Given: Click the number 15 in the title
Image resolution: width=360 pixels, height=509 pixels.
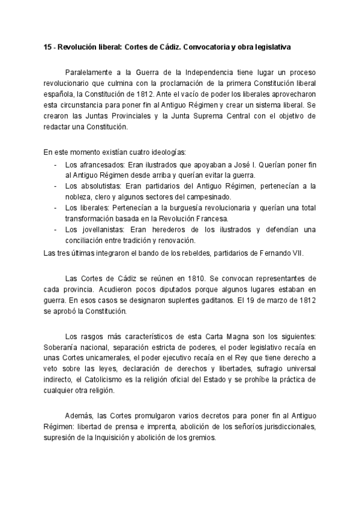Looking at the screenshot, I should coord(48,46).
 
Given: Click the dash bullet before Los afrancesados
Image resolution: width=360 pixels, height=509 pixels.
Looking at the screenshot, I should coord(55,164).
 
